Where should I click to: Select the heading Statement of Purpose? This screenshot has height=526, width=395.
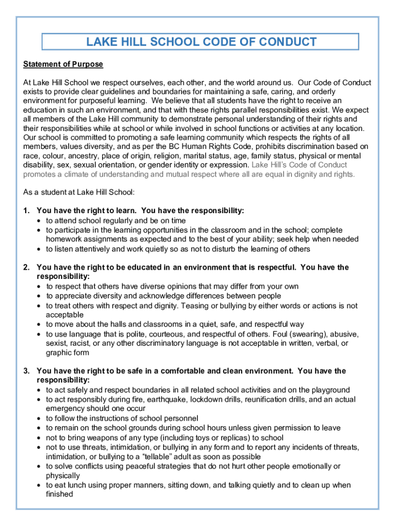[x=63, y=64]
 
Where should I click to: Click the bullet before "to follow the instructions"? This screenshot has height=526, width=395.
[x=39, y=419]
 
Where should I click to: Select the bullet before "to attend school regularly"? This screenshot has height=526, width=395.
[x=39, y=221]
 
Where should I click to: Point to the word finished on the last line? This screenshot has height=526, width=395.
[x=60, y=494]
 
